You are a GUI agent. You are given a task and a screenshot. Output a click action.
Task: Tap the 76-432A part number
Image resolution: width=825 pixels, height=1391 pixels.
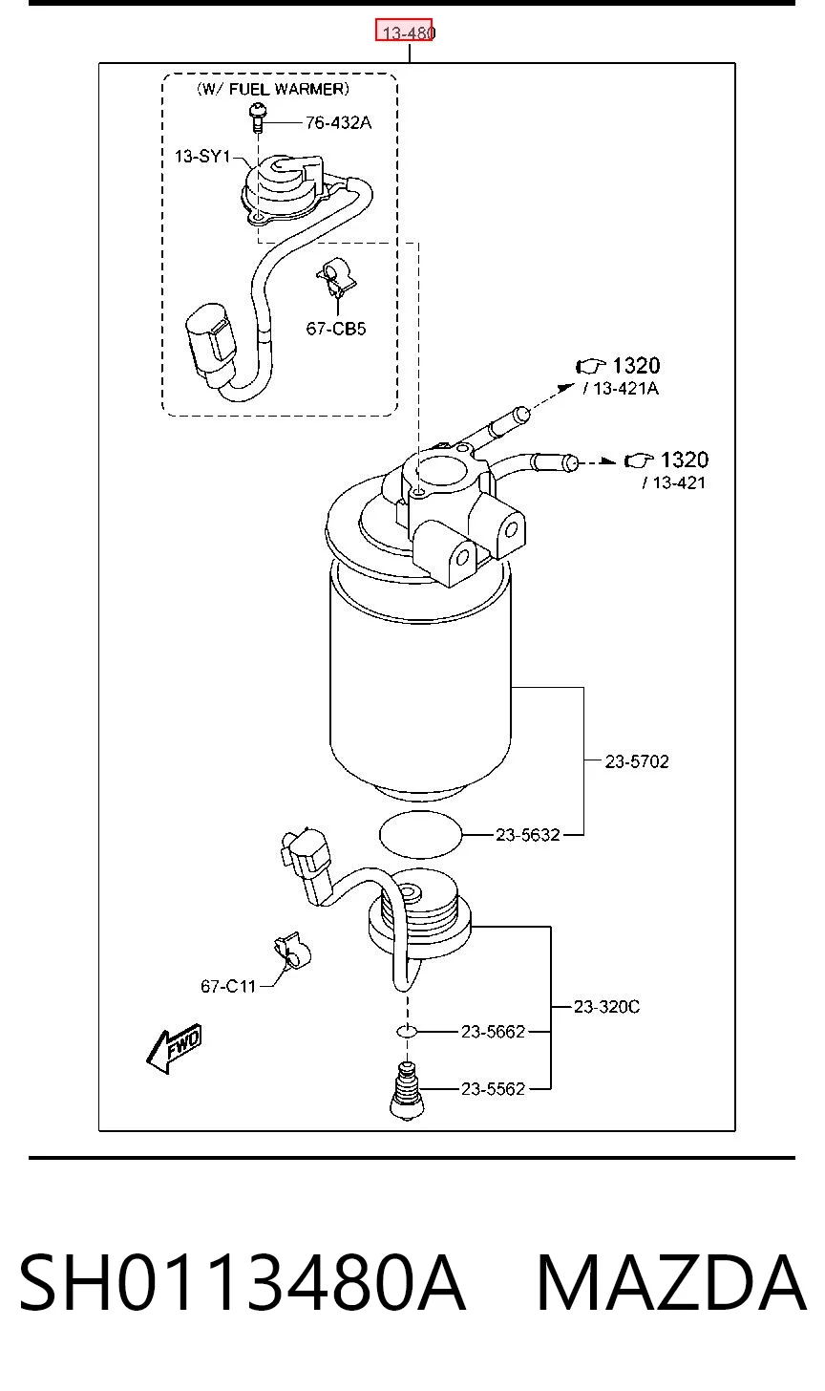338,123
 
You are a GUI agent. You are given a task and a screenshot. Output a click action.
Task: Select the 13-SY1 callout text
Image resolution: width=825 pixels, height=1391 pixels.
202,157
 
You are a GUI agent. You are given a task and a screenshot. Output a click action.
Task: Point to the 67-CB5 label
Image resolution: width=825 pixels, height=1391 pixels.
336,329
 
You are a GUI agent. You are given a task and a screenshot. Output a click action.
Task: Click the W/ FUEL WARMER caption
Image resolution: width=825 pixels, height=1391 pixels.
272,90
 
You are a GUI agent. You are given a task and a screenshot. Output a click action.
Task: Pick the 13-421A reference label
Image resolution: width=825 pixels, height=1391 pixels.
621,389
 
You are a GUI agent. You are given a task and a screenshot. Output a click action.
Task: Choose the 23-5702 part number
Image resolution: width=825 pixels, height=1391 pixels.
637,761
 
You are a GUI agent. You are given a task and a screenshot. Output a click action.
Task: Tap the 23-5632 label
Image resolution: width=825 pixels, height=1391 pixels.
528,835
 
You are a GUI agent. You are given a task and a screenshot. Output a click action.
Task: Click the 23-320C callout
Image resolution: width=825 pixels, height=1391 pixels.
606,1007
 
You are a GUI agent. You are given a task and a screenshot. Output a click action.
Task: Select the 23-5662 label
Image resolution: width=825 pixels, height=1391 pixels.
493,1032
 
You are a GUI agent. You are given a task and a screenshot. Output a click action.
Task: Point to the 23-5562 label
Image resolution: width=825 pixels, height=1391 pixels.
493,1088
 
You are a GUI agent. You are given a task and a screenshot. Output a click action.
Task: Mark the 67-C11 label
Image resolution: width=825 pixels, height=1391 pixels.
228,986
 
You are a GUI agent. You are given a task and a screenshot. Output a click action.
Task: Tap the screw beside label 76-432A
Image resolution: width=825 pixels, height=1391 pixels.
258,118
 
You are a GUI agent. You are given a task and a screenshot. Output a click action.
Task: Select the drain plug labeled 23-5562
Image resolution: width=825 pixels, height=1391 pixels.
407,1090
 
